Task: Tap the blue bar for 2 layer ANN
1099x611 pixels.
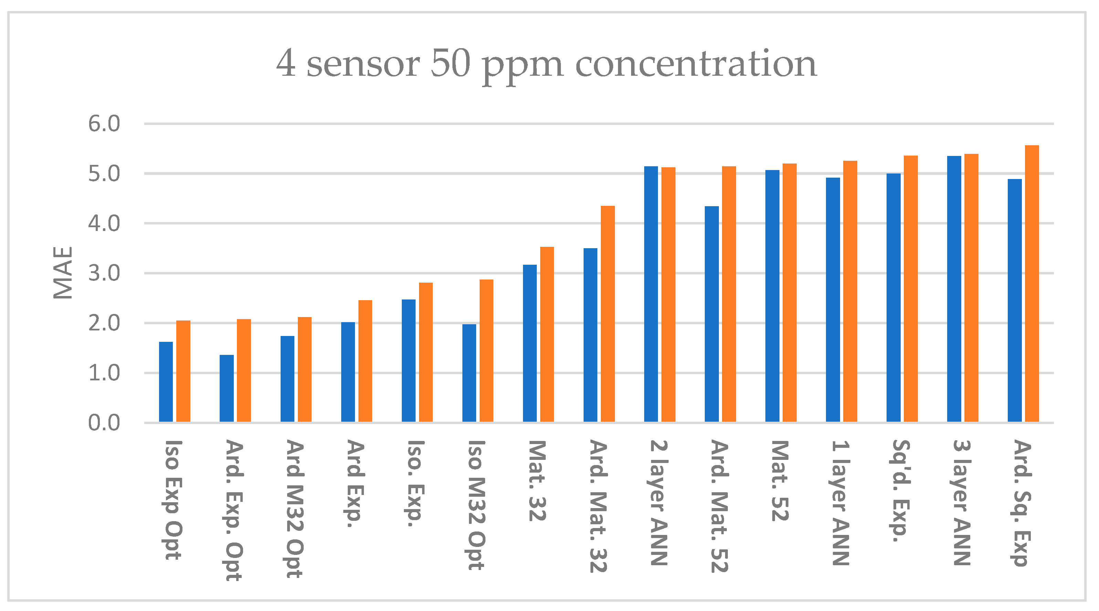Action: tap(651, 294)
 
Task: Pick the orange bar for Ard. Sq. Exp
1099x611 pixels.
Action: tap(1032, 284)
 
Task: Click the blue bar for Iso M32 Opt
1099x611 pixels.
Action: tap(469, 373)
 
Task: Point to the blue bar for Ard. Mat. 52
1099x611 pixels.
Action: tap(712, 315)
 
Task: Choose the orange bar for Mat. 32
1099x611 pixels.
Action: tap(547, 335)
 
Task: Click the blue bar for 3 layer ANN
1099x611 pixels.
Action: tap(954, 289)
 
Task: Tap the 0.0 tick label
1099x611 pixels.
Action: tap(104, 423)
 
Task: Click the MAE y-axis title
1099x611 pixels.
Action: tap(63, 273)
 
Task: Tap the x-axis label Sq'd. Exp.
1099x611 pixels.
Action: tap(901, 491)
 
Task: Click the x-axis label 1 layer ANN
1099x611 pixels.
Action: tap(840, 503)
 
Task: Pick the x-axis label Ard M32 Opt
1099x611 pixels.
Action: tap(295, 509)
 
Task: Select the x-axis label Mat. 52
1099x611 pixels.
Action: tap(780, 481)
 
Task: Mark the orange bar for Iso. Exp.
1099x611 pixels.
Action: tap(426, 352)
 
